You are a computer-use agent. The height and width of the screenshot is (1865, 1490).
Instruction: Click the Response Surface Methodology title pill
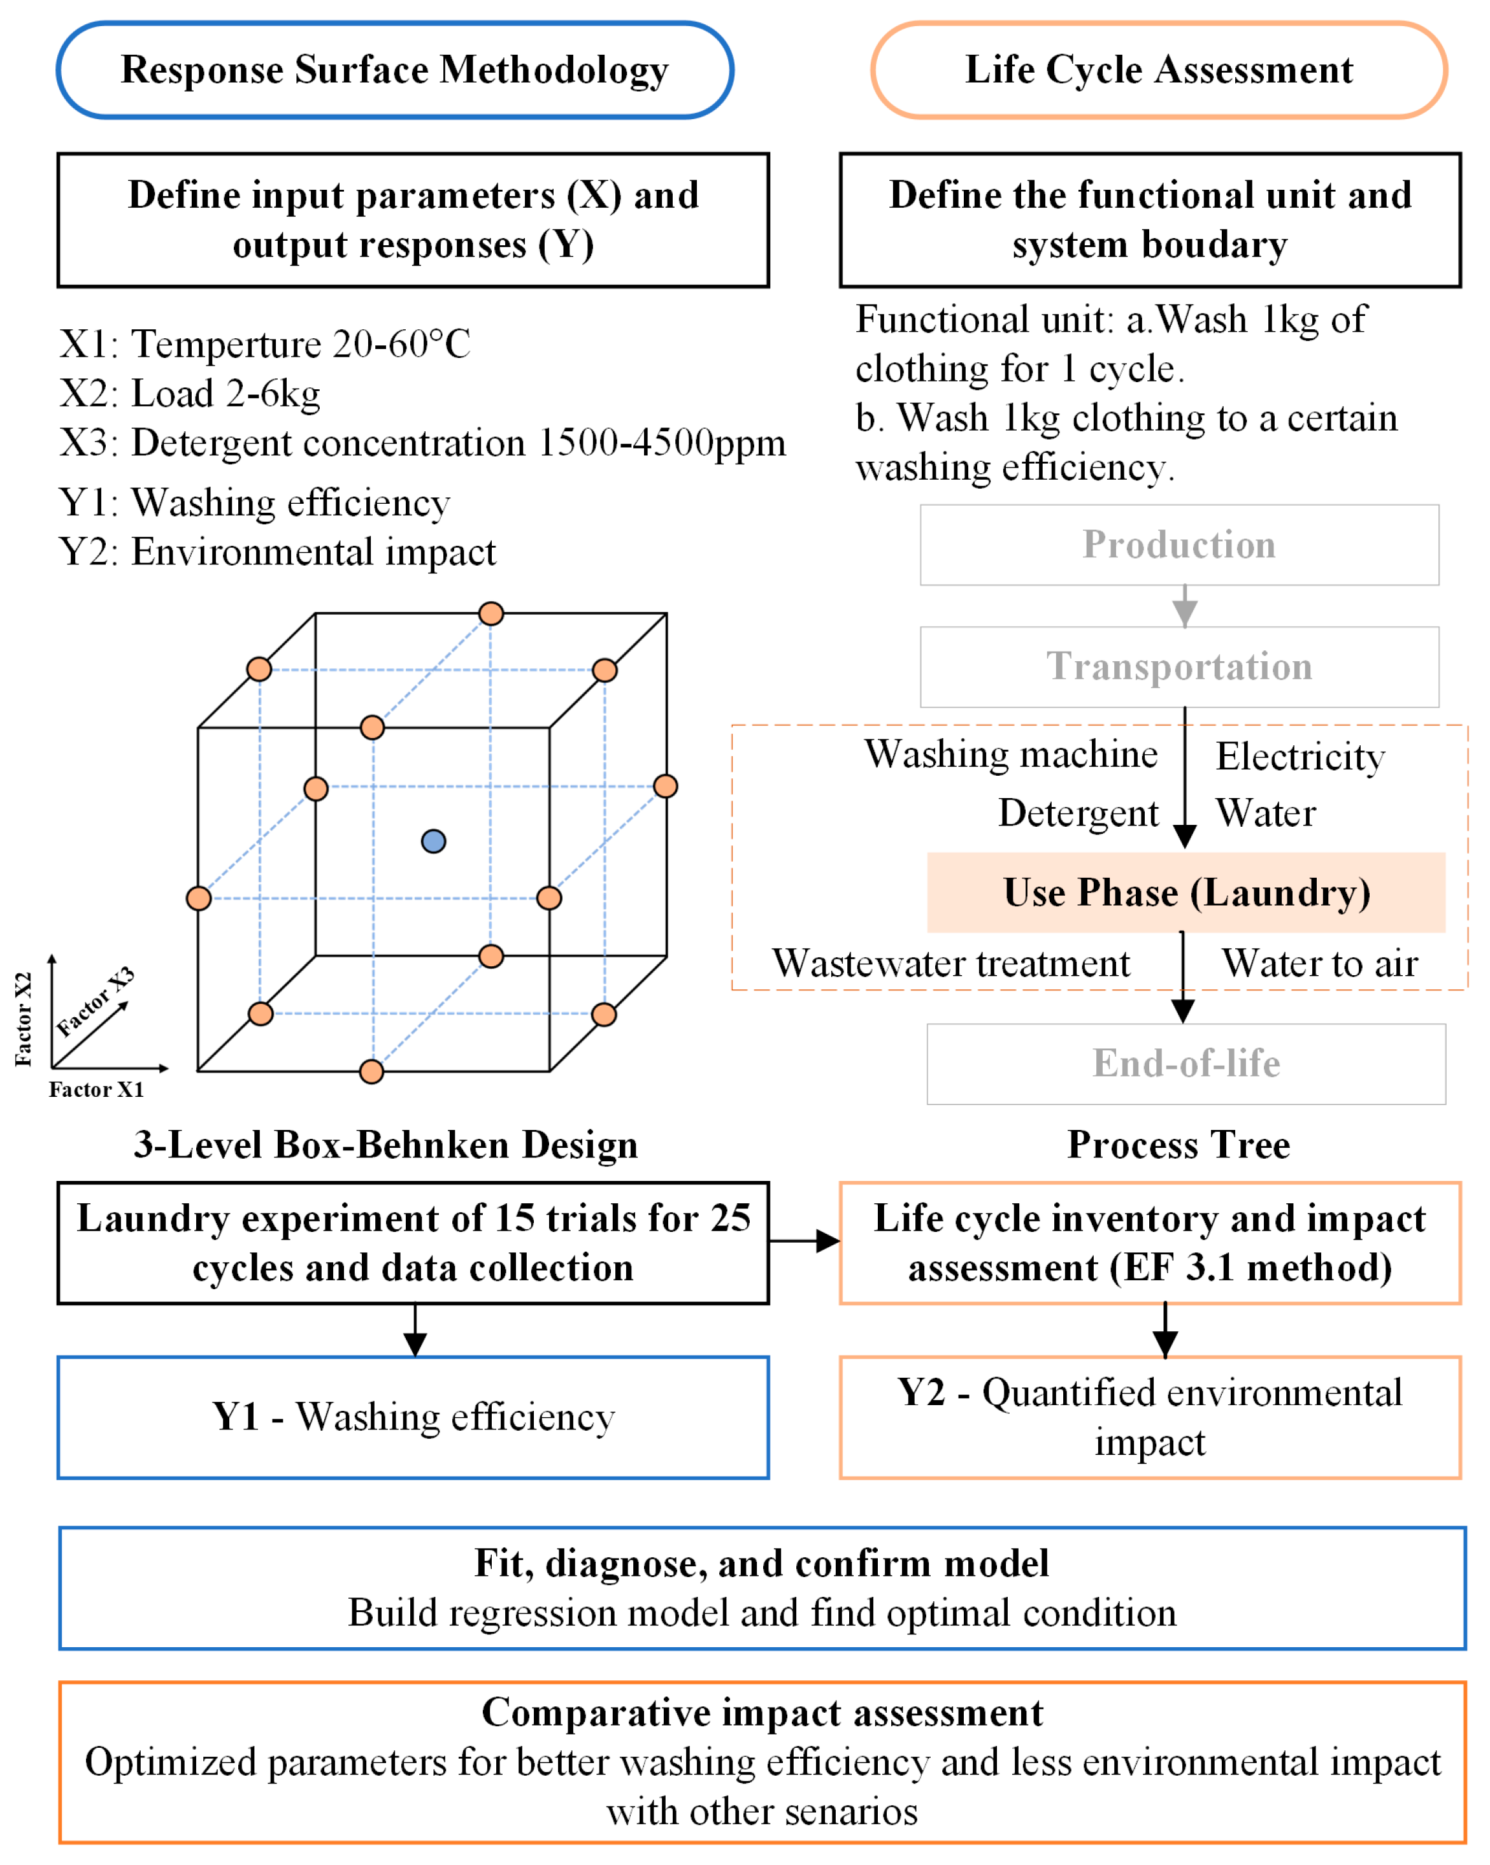pyautogui.click(x=394, y=70)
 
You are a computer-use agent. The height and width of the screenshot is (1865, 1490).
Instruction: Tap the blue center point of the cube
pyautogui.click(x=434, y=841)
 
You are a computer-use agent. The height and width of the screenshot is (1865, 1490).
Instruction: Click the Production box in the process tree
pyautogui.click(x=1178, y=545)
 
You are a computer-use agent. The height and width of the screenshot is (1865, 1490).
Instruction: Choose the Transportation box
pyautogui.click(x=1178, y=667)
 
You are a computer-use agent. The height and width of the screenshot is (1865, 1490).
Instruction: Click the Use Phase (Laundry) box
pyautogui.click(x=1186, y=893)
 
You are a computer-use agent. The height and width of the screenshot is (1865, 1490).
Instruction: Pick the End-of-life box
pyautogui.click(x=1186, y=1064)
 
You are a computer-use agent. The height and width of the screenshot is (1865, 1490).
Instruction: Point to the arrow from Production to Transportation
pyautogui.click(x=1185, y=606)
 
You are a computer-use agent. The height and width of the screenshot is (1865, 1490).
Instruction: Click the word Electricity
pyautogui.click(x=1300, y=757)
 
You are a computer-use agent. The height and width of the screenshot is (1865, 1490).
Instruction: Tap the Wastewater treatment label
pyautogui.click(x=951, y=964)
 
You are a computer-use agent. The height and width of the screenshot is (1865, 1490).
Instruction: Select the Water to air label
pyautogui.click(x=1319, y=964)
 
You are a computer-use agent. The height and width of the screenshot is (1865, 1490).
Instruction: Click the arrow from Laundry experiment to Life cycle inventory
pyautogui.click(x=804, y=1241)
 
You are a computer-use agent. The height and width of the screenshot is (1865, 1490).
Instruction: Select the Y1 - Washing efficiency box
pyautogui.click(x=413, y=1418)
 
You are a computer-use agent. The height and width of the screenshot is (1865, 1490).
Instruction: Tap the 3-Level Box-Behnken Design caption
pyautogui.click(x=386, y=1145)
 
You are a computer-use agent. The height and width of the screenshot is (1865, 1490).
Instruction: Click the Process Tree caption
pyautogui.click(x=1178, y=1145)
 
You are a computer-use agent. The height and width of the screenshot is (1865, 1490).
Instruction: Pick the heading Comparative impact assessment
pyautogui.click(x=763, y=1713)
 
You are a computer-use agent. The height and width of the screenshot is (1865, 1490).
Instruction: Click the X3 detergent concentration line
pyautogui.click(x=422, y=443)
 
